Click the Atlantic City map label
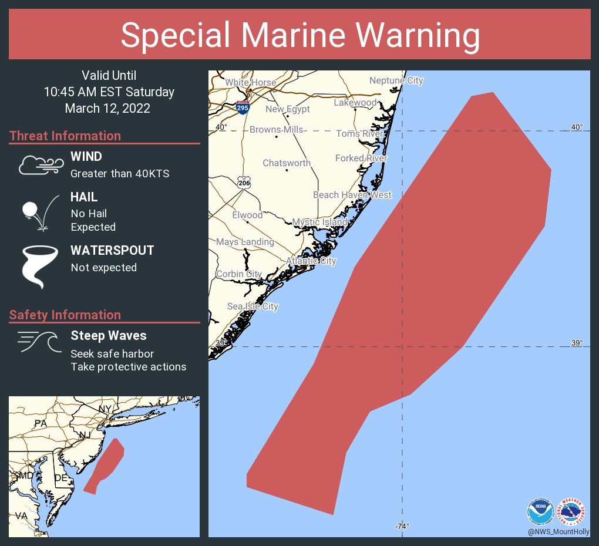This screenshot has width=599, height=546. pyautogui.click(x=311, y=261)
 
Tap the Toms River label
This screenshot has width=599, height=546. pyautogui.click(x=359, y=134)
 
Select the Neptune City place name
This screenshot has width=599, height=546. pyautogui.click(x=396, y=80)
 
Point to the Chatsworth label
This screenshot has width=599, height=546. pyautogui.click(x=287, y=163)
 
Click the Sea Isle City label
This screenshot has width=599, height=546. pyautogui.click(x=253, y=306)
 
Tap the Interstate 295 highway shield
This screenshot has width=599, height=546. pyautogui.click(x=241, y=107)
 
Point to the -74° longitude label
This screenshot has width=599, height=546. pyautogui.click(x=402, y=526)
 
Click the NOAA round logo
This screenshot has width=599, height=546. pyautogui.click(x=540, y=511)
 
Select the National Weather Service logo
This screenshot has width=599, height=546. pyautogui.click(x=571, y=511)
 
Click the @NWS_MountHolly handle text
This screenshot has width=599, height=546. pyautogui.click(x=558, y=531)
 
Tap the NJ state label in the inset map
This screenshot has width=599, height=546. pyautogui.click(x=86, y=435)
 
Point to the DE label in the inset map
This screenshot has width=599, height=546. pyautogui.click(x=61, y=478)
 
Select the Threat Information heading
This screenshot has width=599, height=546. pyautogui.click(x=65, y=136)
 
